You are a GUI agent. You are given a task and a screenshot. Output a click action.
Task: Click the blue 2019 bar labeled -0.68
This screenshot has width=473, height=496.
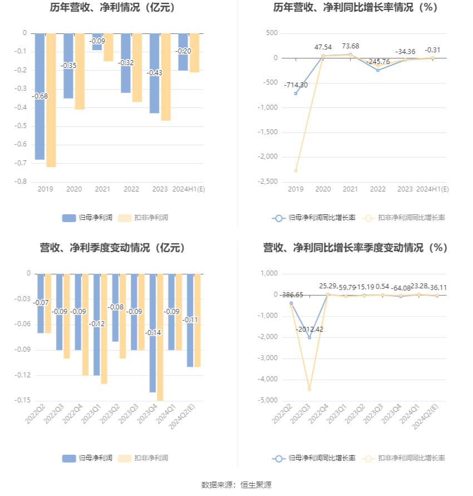(x=40, y=128)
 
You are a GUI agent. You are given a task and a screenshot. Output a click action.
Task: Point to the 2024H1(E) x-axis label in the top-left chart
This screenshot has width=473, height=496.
(x=189, y=189)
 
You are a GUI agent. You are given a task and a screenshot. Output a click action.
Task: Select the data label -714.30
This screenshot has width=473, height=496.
(x=295, y=85)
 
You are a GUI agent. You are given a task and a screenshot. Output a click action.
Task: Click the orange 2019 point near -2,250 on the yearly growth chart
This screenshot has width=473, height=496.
(x=295, y=170)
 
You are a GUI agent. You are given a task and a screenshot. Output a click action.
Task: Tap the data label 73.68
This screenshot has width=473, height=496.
(x=350, y=46)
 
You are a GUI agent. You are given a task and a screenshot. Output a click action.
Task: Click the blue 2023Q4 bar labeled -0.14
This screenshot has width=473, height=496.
(x=152, y=362)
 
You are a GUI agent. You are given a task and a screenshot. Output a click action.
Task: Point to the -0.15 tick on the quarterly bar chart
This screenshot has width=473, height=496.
(x=23, y=400)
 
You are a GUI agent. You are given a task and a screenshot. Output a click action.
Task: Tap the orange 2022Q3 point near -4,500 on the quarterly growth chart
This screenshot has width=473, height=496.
(x=309, y=389)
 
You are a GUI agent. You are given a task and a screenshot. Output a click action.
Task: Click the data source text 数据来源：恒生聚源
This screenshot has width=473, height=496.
(x=237, y=485)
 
